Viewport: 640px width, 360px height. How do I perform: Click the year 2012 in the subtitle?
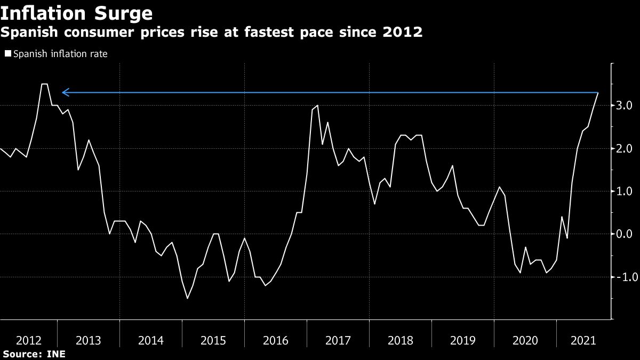point(404,33)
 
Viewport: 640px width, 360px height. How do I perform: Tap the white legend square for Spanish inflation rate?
point(8,54)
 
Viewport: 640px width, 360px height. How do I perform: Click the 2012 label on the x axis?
point(27,340)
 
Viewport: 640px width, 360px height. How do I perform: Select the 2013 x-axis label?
point(89,340)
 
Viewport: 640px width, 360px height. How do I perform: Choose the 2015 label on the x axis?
point(213,340)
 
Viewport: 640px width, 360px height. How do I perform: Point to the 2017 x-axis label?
point(338,340)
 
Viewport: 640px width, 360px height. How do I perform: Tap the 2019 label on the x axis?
point(462,340)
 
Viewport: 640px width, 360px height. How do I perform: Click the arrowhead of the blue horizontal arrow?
point(64,93)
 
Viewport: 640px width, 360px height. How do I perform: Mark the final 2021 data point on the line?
point(598,93)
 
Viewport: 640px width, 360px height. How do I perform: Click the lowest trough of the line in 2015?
point(187,298)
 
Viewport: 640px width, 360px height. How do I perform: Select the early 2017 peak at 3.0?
point(318,106)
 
